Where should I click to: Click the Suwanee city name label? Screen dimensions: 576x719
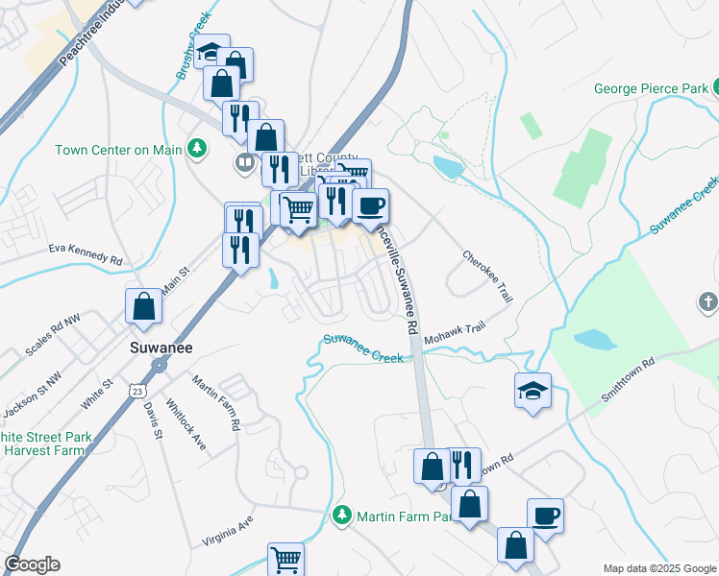pos(160,348)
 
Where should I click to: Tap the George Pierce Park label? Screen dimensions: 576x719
pos(651,89)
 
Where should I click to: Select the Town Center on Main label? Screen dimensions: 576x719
pos(118,150)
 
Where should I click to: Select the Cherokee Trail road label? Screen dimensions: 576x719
pos(487,277)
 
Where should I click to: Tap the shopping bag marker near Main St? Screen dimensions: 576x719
pos(143,306)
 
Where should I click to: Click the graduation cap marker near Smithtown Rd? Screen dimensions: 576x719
pos(533,390)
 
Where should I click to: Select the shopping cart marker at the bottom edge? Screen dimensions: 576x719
pos(285,559)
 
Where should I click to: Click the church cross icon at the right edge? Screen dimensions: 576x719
pos(707,303)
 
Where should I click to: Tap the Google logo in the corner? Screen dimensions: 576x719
pos(32,564)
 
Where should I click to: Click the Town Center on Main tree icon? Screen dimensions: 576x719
pos(196,148)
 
